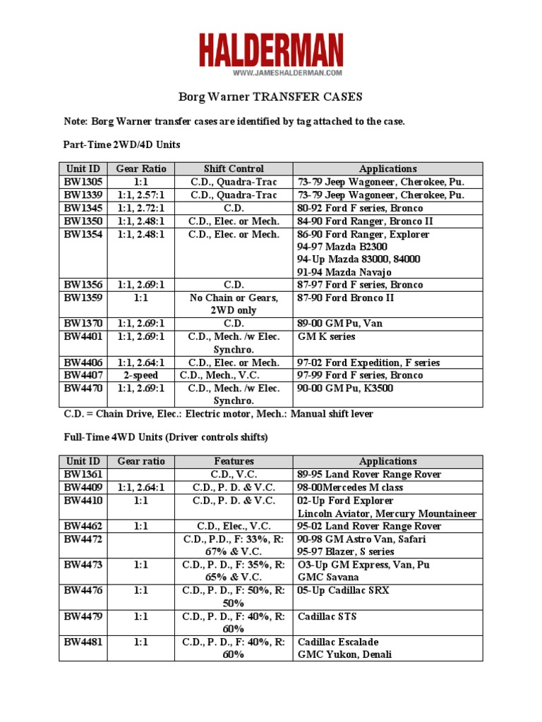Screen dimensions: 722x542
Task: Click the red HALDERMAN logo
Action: [x=271, y=50]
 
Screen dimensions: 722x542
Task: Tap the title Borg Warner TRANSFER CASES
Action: [x=271, y=97]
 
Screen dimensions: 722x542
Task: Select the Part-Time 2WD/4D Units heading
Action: [x=121, y=145]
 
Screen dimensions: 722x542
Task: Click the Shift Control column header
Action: [x=234, y=169]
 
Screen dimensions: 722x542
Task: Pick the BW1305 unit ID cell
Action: [x=83, y=181]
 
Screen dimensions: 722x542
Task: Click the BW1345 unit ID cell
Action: [x=83, y=208]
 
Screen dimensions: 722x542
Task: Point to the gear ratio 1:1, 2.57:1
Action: [x=141, y=195]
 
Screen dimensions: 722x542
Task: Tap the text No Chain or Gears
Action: [x=234, y=298]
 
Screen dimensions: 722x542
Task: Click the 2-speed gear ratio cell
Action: [x=141, y=375]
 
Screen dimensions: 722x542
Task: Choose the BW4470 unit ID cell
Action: [x=83, y=388]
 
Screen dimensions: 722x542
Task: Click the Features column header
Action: [x=234, y=461]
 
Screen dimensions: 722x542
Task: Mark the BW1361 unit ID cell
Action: [x=83, y=474]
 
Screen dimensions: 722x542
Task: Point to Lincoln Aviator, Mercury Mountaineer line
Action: [x=387, y=513]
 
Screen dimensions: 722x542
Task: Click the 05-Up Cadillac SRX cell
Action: [x=343, y=590]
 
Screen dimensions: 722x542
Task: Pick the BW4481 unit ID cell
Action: [x=83, y=642]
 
